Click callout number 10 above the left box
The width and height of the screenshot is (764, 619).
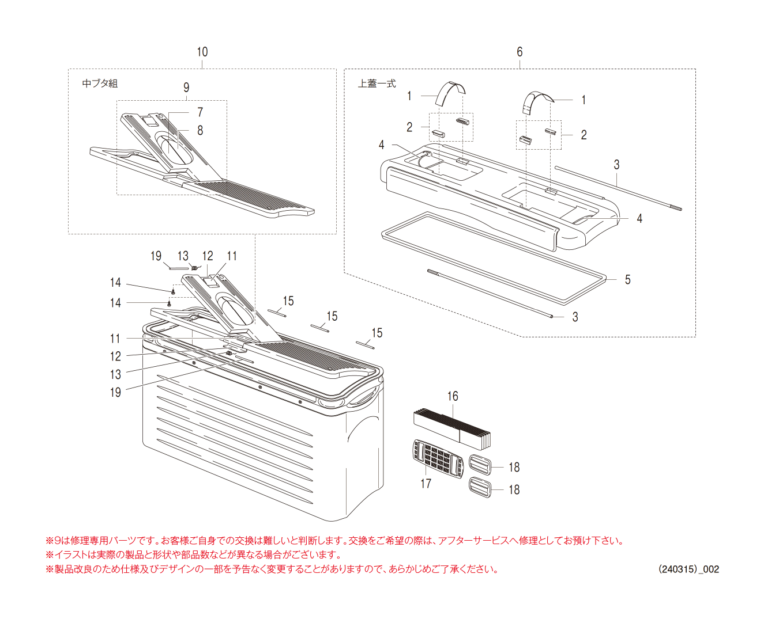pyautogui.click(x=202, y=52)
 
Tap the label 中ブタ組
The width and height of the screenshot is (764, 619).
pyautogui.click(x=100, y=83)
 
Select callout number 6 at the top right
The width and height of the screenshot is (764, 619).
pyautogui.click(x=520, y=52)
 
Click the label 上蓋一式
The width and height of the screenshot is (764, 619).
pyautogui.click(x=377, y=83)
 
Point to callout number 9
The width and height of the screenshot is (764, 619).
pyautogui.click(x=186, y=88)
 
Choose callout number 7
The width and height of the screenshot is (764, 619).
pyautogui.click(x=200, y=112)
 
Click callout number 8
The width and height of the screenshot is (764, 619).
pyautogui.click(x=200, y=130)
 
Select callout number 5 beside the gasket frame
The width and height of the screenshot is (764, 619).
pyautogui.click(x=627, y=280)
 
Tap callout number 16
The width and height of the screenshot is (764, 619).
pyautogui.click(x=453, y=396)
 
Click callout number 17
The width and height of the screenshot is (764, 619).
pyautogui.click(x=426, y=484)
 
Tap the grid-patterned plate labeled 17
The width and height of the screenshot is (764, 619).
pyautogui.click(x=439, y=459)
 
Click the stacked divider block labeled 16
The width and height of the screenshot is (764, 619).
pyautogui.click(x=452, y=429)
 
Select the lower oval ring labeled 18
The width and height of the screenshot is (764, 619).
pyautogui.click(x=480, y=487)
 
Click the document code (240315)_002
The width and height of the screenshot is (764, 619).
pyautogui.click(x=688, y=569)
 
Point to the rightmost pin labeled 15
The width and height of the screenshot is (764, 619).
pyautogui.click(x=365, y=344)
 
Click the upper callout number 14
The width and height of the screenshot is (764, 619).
pyautogui.click(x=115, y=282)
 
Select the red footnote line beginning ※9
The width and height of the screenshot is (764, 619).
pyautogui.click(x=334, y=541)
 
